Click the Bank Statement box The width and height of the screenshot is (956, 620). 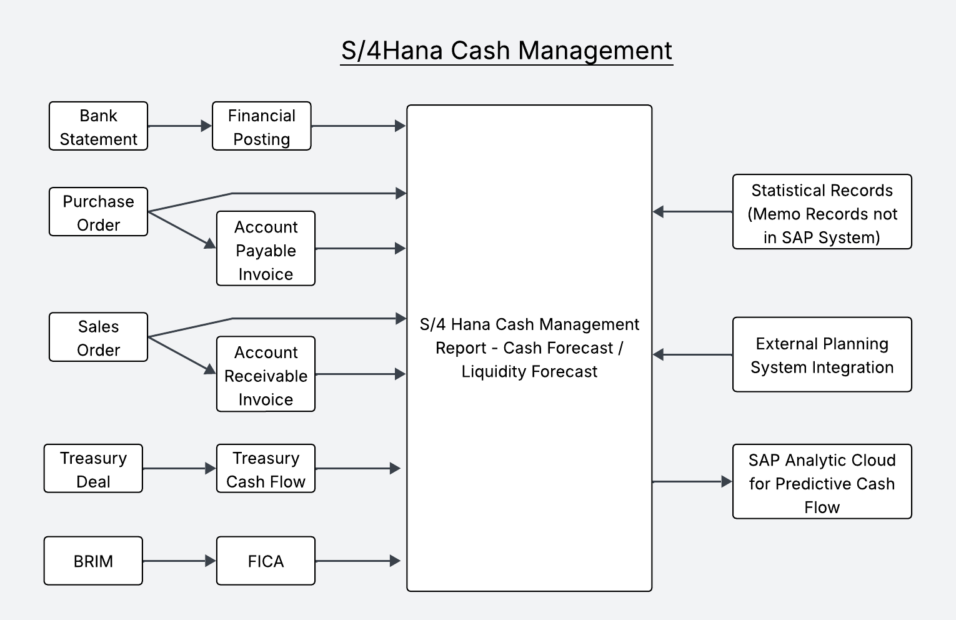[98, 126]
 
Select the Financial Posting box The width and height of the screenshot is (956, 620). [261, 126]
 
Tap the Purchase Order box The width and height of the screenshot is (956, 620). [98, 212]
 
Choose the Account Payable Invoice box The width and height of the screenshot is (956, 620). [266, 249]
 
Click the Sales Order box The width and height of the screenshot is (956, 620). [98, 337]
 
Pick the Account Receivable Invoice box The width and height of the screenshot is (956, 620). [266, 374]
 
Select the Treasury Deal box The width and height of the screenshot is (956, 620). [93, 469]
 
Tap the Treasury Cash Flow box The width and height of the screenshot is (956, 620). [266, 469]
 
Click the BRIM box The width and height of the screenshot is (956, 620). [93, 561]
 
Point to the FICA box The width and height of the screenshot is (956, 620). [266, 561]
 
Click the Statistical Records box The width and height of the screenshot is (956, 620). [822, 212]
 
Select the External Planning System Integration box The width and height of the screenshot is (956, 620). [822, 354]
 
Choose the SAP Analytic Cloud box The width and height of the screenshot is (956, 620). [822, 482]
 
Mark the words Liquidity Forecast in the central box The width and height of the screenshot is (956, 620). [529, 372]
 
